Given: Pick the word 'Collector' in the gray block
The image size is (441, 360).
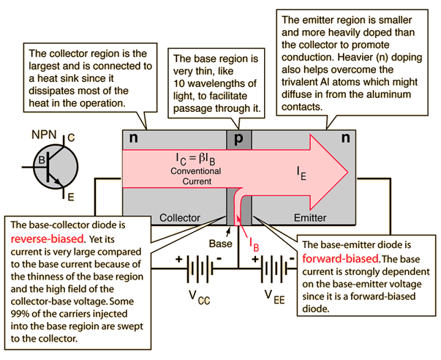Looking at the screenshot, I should (x=181, y=217).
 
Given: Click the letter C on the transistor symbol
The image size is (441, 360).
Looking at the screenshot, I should (x=72, y=137).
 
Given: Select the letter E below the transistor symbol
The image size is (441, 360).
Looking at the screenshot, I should (x=71, y=196).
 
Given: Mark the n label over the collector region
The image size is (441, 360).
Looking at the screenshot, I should (x=133, y=138).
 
